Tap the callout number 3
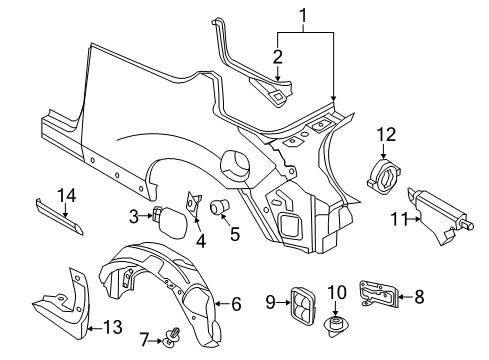[133, 213]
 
